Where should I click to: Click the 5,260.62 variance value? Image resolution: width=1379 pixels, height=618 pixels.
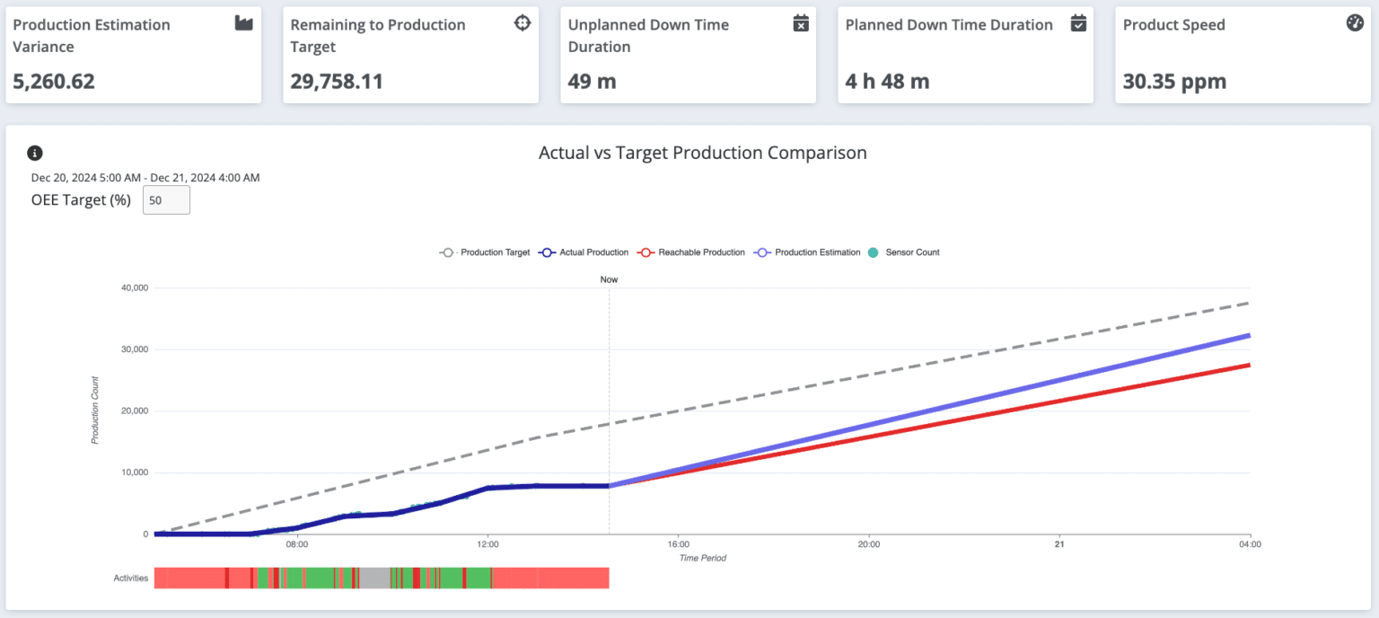[54, 82]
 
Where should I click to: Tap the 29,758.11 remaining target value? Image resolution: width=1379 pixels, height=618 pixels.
[337, 82]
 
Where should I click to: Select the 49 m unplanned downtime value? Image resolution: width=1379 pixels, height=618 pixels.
[593, 82]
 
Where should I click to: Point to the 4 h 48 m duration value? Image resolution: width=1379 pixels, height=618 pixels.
[887, 82]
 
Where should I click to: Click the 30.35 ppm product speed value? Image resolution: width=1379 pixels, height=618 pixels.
[1174, 82]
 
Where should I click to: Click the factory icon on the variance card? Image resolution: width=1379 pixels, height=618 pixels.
[244, 24]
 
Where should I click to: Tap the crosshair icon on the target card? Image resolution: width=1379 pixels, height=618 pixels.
[523, 24]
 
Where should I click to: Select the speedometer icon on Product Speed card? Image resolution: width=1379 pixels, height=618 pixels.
[1356, 24]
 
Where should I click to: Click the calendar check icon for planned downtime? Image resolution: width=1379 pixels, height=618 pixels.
[1079, 24]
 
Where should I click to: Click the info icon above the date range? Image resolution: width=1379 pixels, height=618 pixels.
[35, 153]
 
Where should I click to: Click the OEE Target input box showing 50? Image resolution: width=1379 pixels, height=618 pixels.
[166, 200]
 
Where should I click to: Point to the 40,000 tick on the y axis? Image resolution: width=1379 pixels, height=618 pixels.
[131, 288]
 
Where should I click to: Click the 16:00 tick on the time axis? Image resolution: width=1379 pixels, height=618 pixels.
[679, 544]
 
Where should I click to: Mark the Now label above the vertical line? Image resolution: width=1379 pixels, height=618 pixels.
[609, 279]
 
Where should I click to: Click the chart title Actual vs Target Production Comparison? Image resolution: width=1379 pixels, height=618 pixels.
[702, 153]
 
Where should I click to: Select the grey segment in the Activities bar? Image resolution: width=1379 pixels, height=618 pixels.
[375, 578]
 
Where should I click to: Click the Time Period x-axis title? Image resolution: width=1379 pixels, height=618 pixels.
[702, 558]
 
